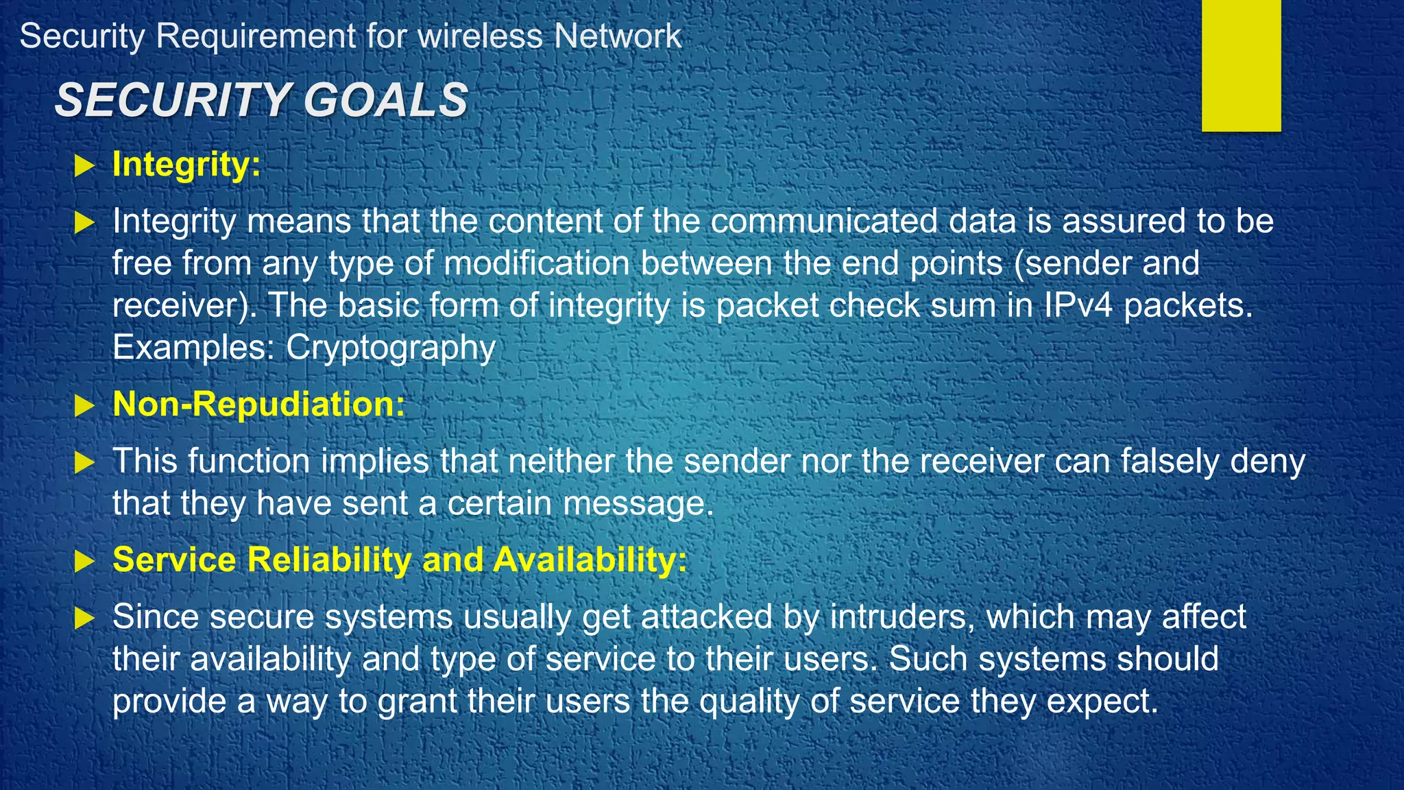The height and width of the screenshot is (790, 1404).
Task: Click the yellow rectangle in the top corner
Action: [x=1241, y=65]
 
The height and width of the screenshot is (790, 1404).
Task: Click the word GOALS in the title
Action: [x=385, y=100]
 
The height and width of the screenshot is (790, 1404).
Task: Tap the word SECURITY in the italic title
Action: [x=173, y=100]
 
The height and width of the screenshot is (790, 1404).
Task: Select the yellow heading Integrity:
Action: [x=186, y=165]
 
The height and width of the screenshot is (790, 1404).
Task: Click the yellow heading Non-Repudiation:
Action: [x=258, y=404]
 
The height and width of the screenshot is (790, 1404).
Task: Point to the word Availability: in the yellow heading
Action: [x=590, y=560]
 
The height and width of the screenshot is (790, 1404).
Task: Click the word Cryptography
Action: [x=390, y=348]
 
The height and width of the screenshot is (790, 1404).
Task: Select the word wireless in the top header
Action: [x=480, y=36]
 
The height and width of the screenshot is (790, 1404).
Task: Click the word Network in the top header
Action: [x=618, y=36]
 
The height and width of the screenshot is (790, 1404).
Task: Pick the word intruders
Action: [x=903, y=617]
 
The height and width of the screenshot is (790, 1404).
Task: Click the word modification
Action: [x=537, y=263]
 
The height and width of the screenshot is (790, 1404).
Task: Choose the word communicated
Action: [x=824, y=221]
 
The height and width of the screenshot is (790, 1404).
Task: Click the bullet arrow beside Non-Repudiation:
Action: [x=84, y=405]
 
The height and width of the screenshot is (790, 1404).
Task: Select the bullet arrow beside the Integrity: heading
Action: [x=84, y=165]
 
